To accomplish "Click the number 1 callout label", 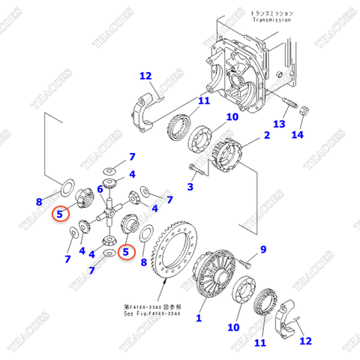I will click(199, 318).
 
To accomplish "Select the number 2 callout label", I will click(266, 136).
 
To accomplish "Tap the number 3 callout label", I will click(190, 187).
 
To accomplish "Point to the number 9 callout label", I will click(262, 249).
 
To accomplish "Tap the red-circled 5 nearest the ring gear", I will click(127, 253).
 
